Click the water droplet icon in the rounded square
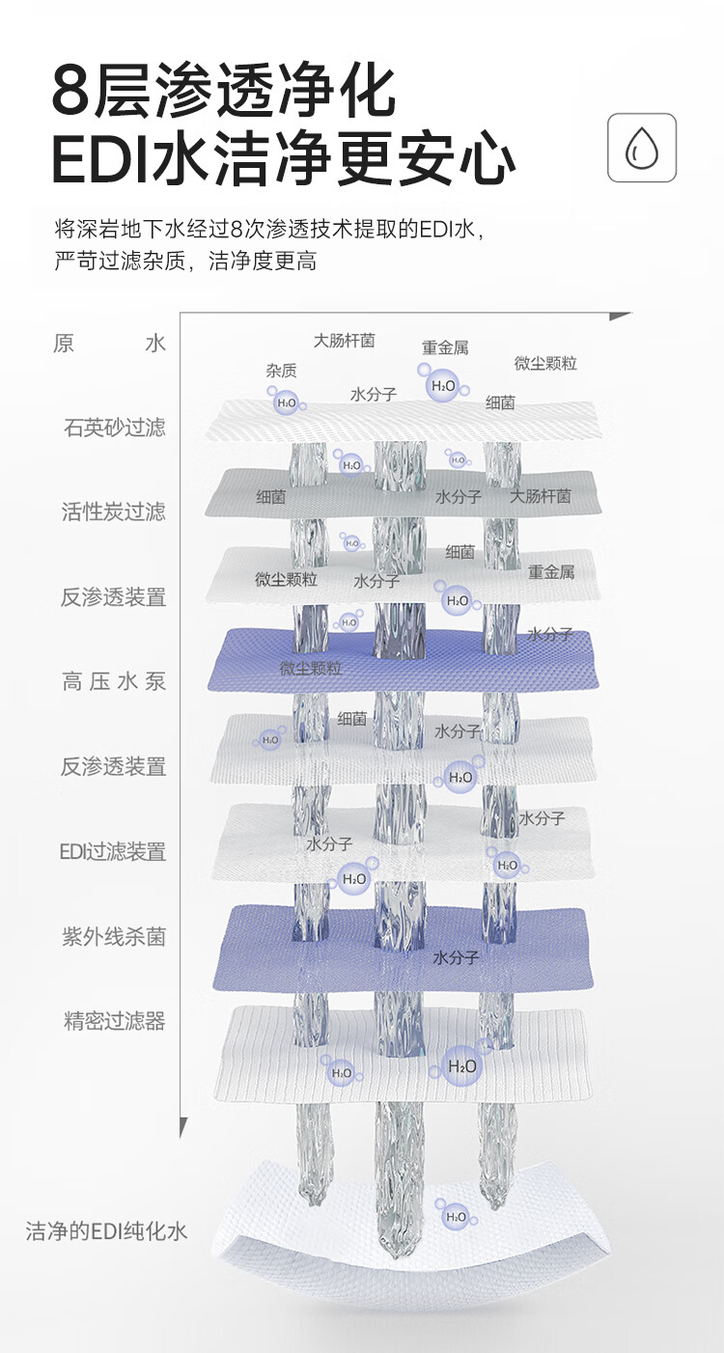coord(642,148)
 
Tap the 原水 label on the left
coord(109,344)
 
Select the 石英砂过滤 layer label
coord(114,428)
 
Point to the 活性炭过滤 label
coord(114,511)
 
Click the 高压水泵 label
coord(114,681)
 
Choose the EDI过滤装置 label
coord(113,851)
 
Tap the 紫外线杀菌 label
coord(114,936)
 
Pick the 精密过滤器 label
coord(114,1021)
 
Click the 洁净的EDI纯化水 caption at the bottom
coord(106,1230)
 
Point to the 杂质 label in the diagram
coord(281,371)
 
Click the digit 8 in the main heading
coord(74,92)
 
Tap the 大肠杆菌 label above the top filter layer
coord(344,341)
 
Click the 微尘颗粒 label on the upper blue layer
coord(311,668)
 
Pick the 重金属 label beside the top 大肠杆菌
coord(445,347)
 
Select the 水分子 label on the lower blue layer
coord(456,958)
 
